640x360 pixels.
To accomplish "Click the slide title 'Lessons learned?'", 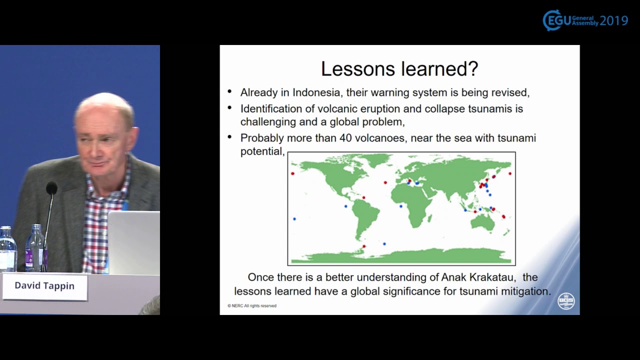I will tap(399, 69).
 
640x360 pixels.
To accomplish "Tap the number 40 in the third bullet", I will tap(345, 138).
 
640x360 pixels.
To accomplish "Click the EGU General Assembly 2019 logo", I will tap(585, 20).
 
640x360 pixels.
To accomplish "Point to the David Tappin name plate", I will tap(44, 286).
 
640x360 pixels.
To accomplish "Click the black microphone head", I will tap(51, 188).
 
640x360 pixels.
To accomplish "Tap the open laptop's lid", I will tap(133, 242).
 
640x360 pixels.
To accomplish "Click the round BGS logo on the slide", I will tap(566, 301).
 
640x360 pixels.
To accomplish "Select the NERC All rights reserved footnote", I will tap(252, 305).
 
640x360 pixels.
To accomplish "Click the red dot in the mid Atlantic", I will tap(385, 182).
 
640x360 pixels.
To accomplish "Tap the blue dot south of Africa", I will tap(384, 243).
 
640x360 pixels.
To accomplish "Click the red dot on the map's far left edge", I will tap(292, 173).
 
